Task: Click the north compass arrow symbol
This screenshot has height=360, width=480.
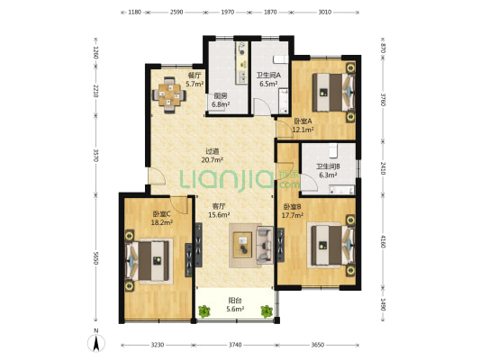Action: point(96,343)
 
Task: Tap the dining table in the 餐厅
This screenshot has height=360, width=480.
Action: point(169,95)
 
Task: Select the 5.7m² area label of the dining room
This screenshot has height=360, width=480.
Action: point(195,84)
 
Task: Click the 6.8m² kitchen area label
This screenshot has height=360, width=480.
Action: point(221,104)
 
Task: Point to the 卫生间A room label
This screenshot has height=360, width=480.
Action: point(268,75)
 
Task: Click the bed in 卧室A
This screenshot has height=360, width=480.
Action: point(333,92)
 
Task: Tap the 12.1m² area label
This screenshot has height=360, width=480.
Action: point(303,130)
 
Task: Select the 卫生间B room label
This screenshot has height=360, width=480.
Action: point(328,166)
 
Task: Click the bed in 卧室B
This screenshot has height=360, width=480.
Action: point(331,246)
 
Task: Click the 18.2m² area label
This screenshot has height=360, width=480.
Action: point(162,222)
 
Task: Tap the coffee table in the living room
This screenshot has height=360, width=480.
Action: point(243,245)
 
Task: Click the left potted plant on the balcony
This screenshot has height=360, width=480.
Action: point(204,311)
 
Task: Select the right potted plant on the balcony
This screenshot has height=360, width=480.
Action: point(267,311)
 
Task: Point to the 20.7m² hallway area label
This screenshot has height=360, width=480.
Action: point(213,159)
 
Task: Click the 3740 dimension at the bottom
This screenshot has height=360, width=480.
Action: point(235,345)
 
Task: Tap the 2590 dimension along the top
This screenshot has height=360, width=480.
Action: point(177,13)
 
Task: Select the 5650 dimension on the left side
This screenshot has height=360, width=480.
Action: point(95,257)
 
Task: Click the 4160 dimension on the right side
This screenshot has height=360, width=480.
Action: point(383,240)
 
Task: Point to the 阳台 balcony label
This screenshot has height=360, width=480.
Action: point(235,301)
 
